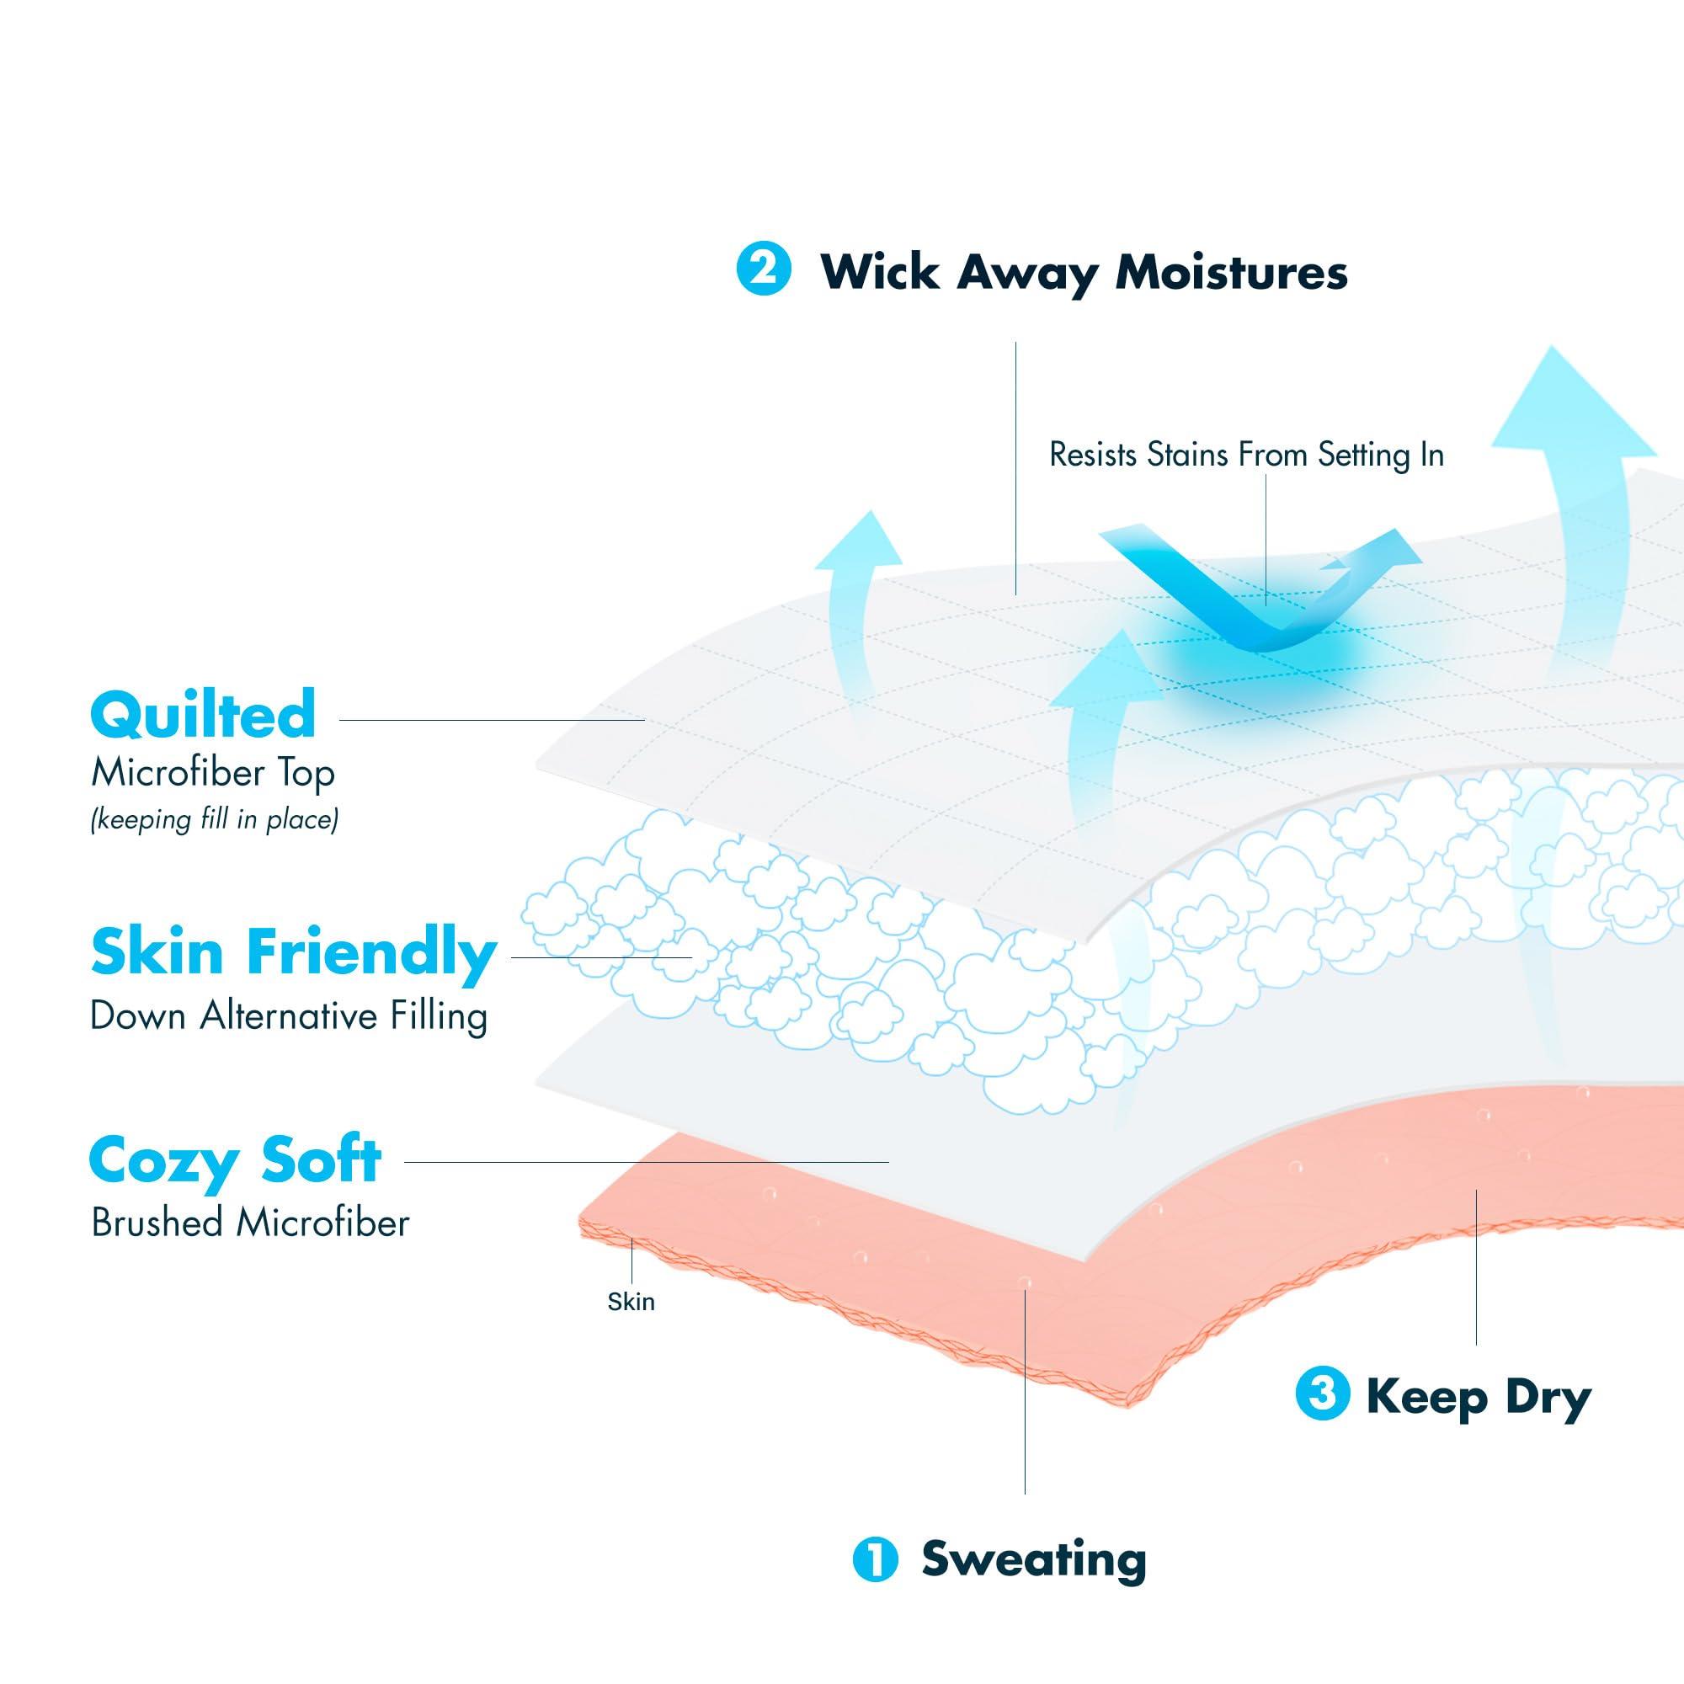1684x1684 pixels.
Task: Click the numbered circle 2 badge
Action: click(764, 269)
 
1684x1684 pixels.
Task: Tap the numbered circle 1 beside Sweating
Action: click(875, 1559)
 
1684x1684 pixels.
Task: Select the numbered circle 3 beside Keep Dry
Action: click(1322, 1394)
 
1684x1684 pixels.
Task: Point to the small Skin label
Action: click(630, 1302)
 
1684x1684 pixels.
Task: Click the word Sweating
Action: click(1034, 1559)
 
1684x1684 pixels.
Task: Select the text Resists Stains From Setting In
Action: click(1246, 455)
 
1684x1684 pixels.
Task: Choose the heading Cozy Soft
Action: click(236, 1160)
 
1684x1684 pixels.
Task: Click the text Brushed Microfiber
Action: click(250, 1223)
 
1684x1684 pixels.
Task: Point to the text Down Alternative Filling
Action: click(289, 1016)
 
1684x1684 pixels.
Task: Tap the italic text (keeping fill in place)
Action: click(215, 819)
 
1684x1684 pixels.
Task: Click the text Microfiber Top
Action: click(214, 773)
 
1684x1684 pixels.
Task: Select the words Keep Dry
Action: click(1479, 1397)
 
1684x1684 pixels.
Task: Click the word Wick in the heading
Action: click(881, 272)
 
